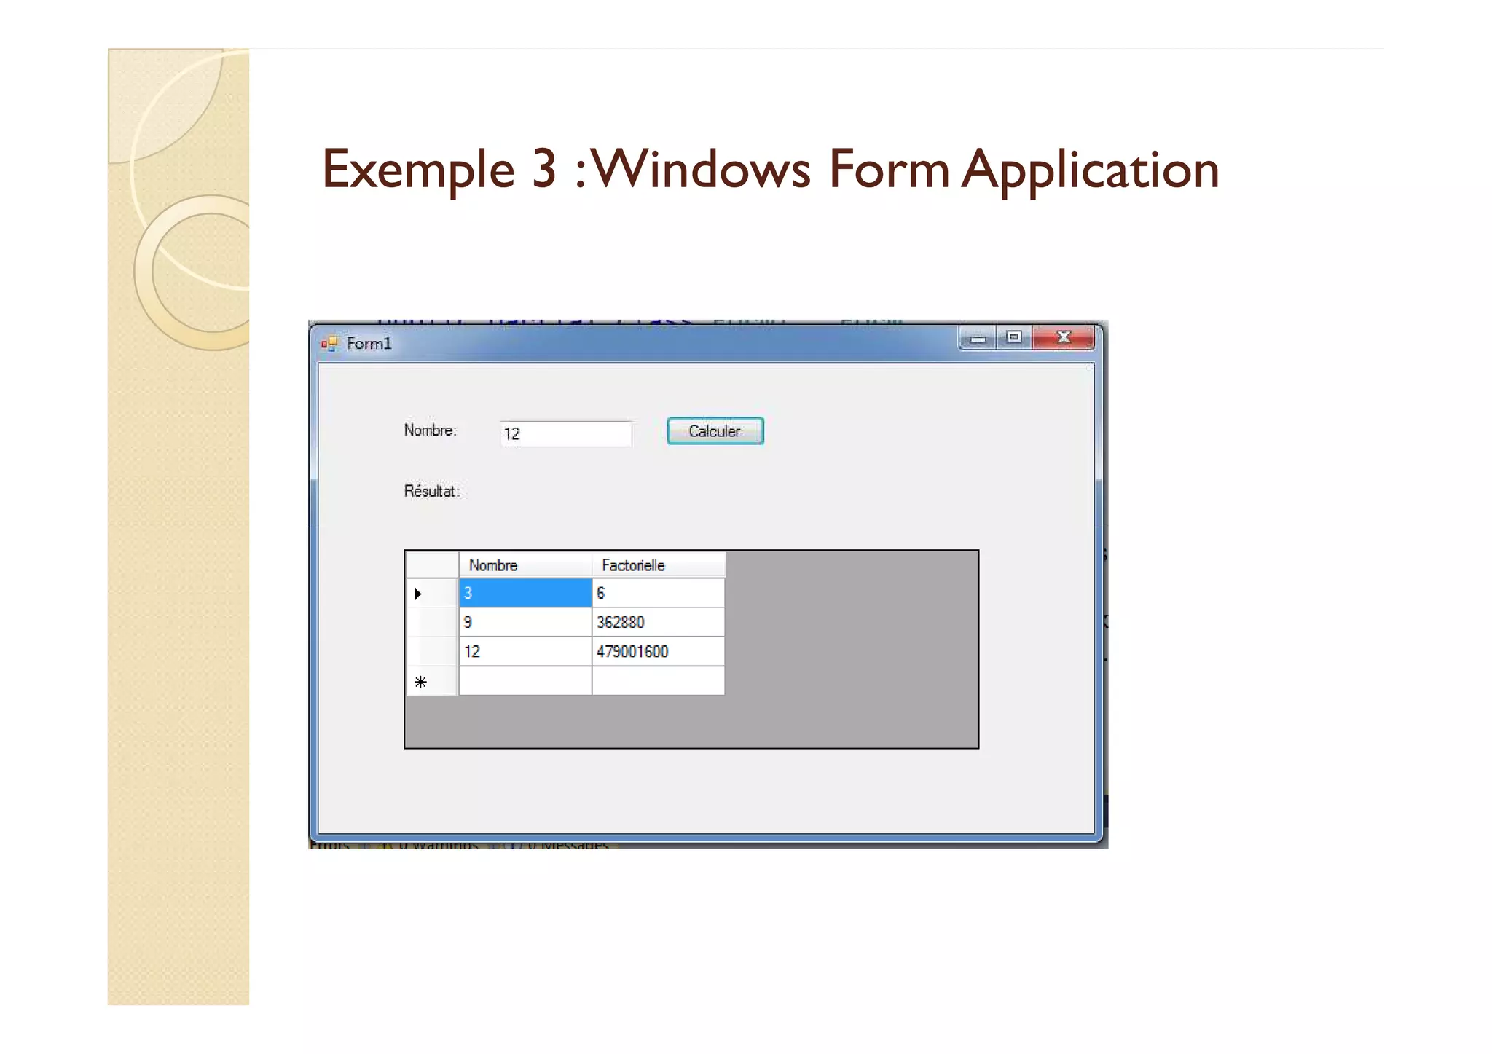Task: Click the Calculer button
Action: [715, 431]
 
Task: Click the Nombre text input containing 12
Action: [565, 434]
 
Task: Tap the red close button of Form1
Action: [1063, 337]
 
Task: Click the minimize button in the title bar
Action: [978, 339]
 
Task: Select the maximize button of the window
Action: [1013, 337]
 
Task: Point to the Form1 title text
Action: [369, 344]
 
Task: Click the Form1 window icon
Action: [329, 344]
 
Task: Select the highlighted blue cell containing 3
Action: [525, 594]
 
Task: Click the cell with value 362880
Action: [658, 623]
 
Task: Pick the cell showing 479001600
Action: [658, 652]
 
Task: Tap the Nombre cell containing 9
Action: [525, 623]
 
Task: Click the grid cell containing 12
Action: [525, 652]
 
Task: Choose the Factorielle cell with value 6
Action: [658, 594]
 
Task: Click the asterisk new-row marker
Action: [420, 683]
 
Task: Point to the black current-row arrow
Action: [418, 594]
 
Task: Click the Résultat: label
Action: [431, 492]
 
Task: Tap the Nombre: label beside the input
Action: [430, 430]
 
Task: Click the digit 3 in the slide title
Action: [544, 170]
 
